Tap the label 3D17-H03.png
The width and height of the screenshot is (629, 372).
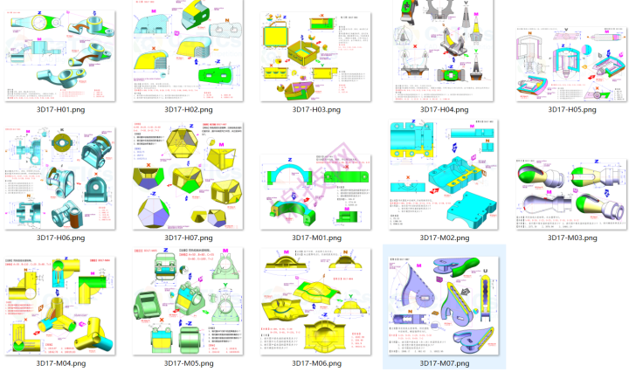point(316,109)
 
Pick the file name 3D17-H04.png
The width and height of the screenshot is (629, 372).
point(444,109)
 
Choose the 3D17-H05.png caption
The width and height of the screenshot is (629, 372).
point(571,109)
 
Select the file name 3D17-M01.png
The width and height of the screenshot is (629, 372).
point(316,238)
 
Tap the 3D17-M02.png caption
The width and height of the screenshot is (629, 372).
point(444,238)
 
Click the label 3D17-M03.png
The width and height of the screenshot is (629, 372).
point(571,238)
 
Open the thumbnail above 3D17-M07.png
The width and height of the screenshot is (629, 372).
point(444,300)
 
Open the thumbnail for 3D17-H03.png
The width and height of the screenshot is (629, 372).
point(316,52)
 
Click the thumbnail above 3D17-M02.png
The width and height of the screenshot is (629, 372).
point(444,179)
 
